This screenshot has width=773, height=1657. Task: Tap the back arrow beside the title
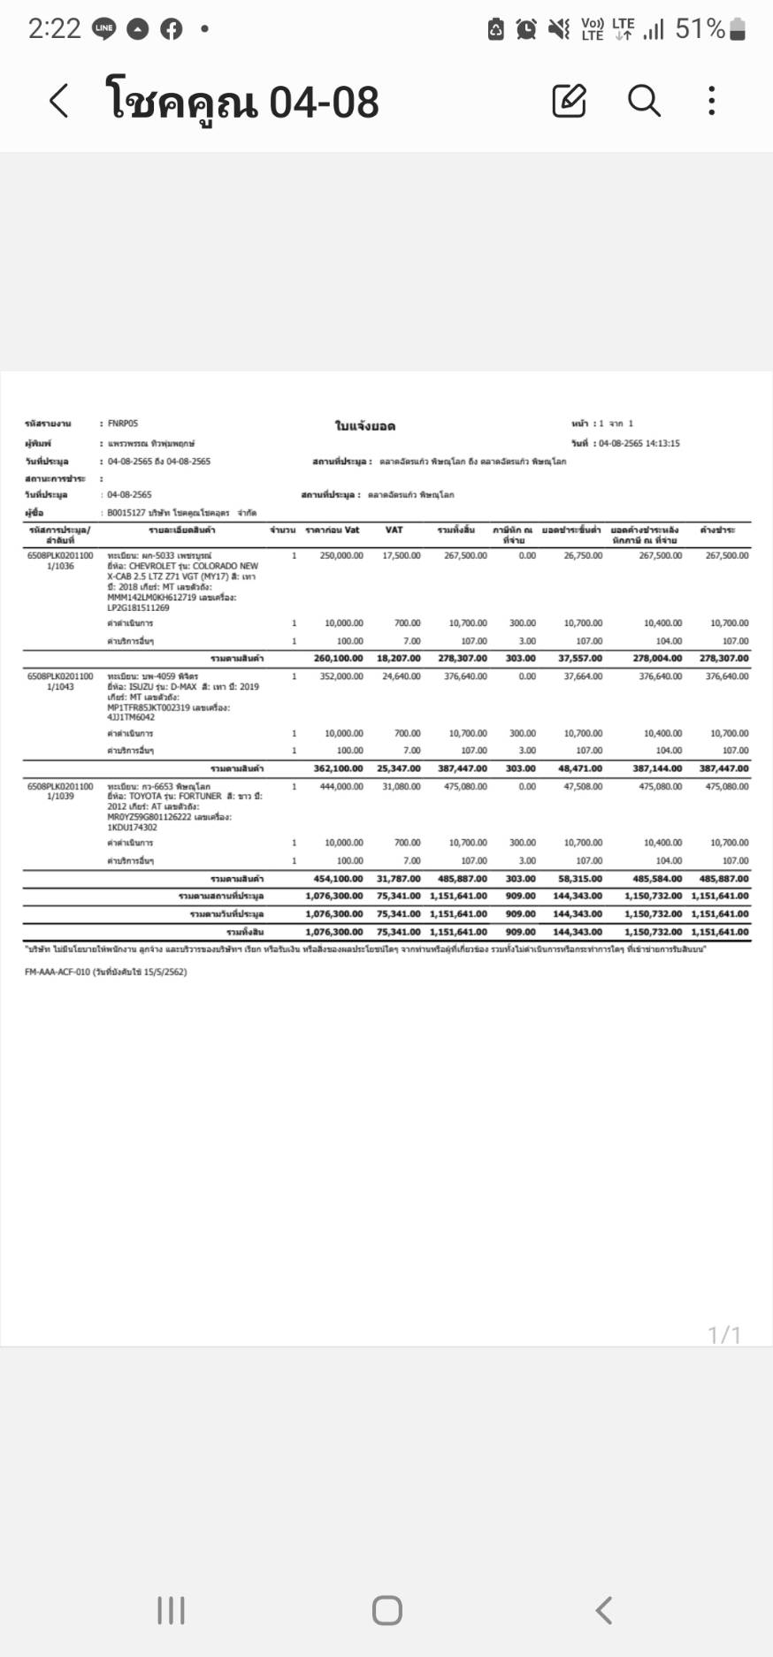(58, 101)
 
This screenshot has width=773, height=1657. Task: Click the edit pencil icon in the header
(569, 101)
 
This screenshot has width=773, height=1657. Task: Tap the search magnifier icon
(644, 101)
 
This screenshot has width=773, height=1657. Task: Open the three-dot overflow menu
(712, 101)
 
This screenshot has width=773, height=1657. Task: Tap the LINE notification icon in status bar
(104, 29)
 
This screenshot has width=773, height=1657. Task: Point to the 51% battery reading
(700, 29)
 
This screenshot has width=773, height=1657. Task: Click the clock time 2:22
(54, 29)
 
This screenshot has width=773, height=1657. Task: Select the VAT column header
(394, 530)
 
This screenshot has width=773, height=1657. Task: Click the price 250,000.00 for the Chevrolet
(341, 555)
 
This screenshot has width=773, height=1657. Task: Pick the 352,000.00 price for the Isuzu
(341, 676)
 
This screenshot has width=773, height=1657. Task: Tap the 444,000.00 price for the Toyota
(341, 786)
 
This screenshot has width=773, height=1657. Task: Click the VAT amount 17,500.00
(402, 555)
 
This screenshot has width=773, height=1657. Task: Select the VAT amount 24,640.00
(402, 676)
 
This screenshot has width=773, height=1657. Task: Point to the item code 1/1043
(60, 687)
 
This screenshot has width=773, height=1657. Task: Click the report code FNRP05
(123, 424)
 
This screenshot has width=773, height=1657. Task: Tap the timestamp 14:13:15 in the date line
(662, 443)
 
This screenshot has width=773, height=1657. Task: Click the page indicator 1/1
(724, 1334)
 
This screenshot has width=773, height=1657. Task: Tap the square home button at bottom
(386, 1610)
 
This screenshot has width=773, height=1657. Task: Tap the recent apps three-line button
(171, 1610)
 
